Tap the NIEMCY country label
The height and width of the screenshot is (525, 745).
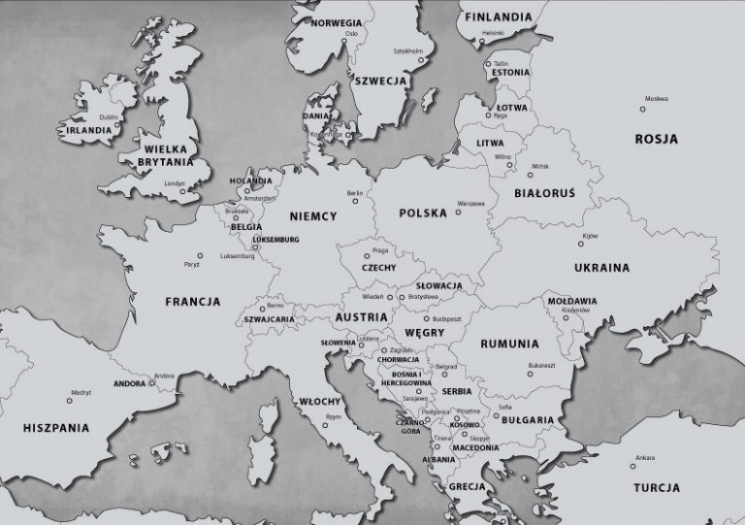[312, 216]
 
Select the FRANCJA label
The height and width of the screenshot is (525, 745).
[193, 301]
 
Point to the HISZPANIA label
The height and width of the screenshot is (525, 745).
[56, 427]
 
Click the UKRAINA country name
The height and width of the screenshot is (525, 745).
[600, 268]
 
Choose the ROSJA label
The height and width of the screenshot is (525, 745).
[657, 139]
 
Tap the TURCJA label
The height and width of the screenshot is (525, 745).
[657, 487]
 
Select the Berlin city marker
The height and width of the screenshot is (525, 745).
[356, 202]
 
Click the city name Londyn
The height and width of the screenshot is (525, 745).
[175, 182]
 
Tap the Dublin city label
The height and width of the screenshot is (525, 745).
[109, 116]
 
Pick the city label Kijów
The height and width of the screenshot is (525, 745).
[589, 236]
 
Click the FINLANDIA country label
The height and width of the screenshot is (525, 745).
[498, 16]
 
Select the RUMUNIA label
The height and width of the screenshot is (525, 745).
[509, 344]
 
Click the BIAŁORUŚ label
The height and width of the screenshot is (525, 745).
[544, 193]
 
